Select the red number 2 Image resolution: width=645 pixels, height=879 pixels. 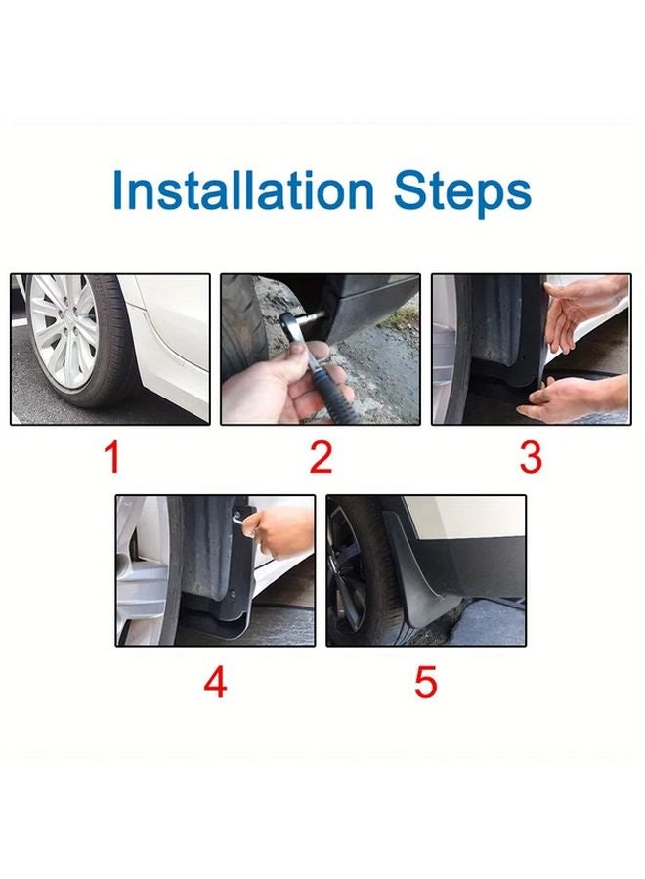coord(321,457)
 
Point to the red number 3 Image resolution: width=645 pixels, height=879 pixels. coord(531,457)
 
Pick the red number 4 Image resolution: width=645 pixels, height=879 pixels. coord(215,682)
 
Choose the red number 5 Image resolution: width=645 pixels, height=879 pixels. coord(425,682)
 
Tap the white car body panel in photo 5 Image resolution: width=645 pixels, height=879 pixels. coord(469,518)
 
